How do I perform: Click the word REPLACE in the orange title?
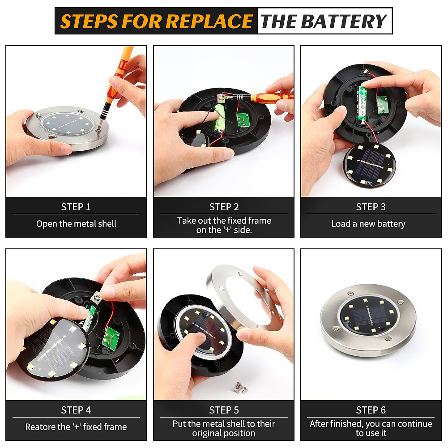[209, 21]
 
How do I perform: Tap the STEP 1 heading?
[76, 207]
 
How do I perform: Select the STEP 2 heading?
[224, 207]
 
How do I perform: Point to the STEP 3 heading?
[371, 207]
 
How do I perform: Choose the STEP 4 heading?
[76, 410]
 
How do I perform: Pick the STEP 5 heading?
[224, 410]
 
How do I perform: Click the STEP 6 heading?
[371, 410]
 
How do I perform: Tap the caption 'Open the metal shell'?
[76, 224]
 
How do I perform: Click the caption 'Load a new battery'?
[368, 224]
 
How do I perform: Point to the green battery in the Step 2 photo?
[219, 118]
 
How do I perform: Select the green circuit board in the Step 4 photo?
[111, 338]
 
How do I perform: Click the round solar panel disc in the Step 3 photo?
[370, 165]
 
